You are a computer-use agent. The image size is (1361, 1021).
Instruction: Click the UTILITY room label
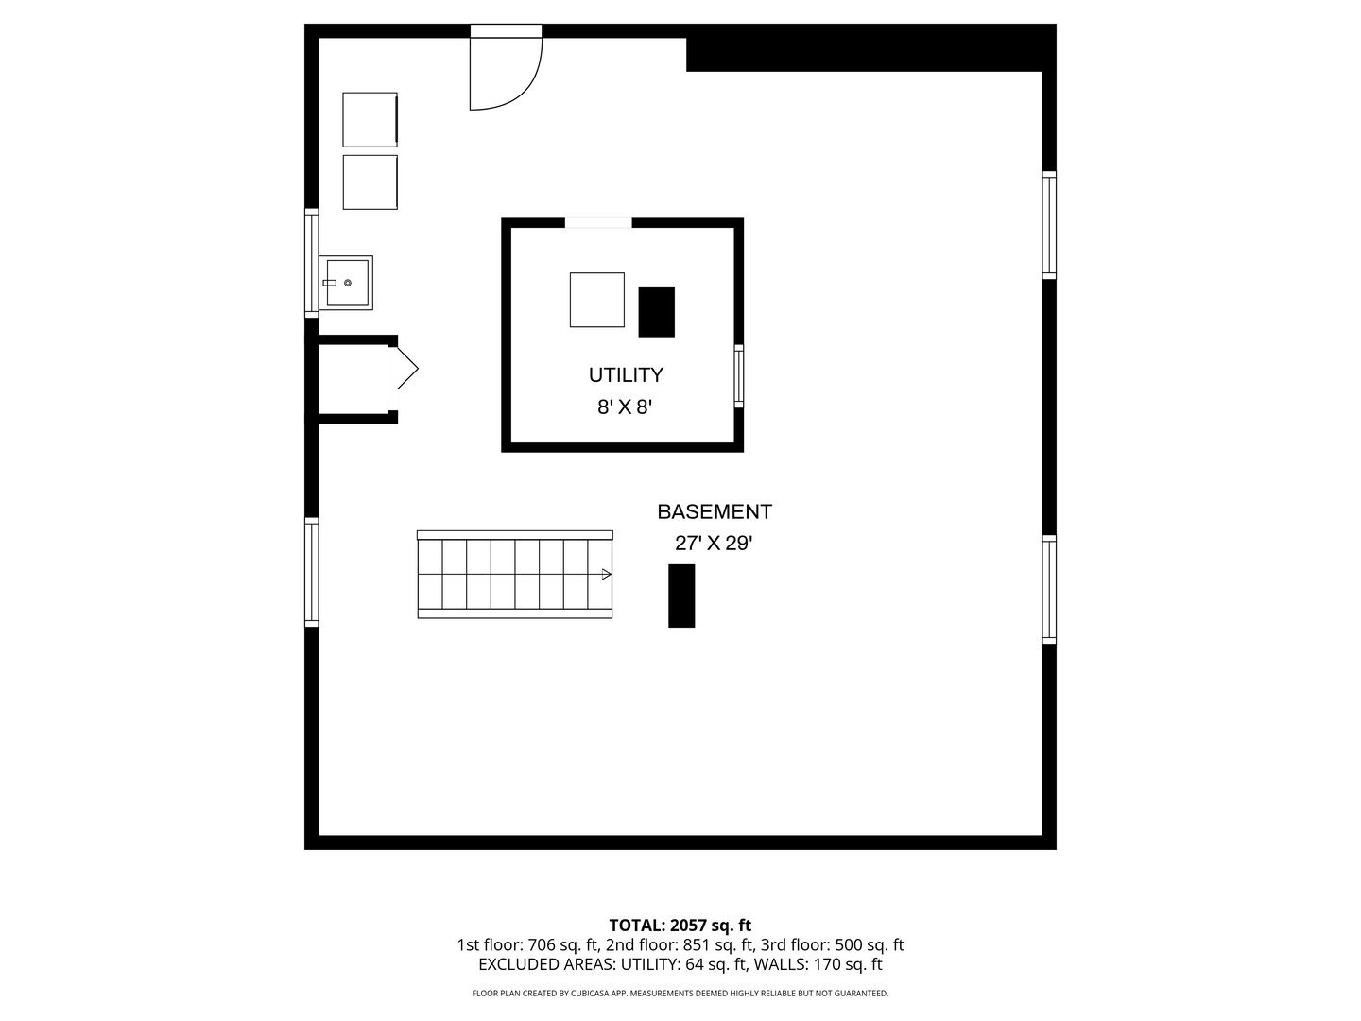(626, 375)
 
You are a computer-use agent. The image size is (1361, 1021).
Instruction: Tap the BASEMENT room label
(715, 512)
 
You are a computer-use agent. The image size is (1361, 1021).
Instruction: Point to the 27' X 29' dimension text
(714, 544)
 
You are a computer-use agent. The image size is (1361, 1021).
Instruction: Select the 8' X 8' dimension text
(625, 407)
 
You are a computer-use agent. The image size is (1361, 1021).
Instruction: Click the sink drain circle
(348, 283)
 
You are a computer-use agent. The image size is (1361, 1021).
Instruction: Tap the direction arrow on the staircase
(607, 574)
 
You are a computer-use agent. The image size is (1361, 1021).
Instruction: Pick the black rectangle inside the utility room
(657, 312)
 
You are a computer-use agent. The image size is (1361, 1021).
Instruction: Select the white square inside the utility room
(597, 300)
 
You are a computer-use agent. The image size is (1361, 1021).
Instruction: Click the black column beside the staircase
(681, 596)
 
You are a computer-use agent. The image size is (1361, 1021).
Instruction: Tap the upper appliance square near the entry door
(370, 120)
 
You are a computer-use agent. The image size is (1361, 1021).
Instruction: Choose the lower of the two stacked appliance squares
(370, 182)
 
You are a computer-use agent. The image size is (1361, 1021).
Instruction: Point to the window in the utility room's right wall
(739, 375)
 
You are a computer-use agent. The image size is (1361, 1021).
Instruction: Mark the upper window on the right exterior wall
(1049, 225)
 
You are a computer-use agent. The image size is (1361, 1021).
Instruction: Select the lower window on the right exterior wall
(1049, 590)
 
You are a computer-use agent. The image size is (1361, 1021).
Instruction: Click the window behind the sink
(311, 263)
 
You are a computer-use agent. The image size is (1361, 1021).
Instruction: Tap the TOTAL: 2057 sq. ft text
(680, 926)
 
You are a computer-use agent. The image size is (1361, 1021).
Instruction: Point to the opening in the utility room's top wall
(598, 223)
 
